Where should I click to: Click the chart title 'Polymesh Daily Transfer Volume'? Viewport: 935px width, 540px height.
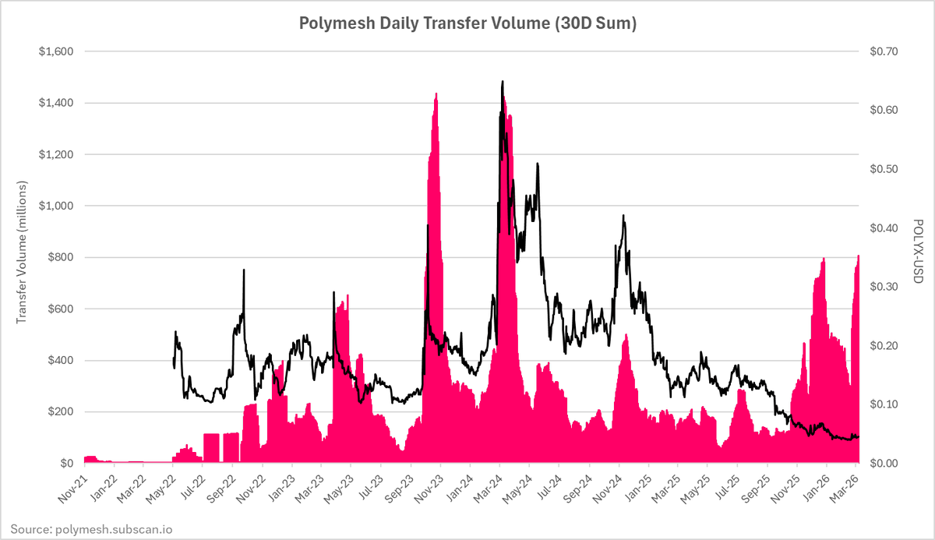(x=467, y=24)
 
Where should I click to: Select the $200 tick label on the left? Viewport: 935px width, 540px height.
(x=59, y=412)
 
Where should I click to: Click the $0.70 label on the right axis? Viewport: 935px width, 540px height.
(x=884, y=51)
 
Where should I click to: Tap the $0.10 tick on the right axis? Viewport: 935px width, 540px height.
(x=884, y=404)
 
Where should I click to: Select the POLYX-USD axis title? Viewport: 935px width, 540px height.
(x=916, y=252)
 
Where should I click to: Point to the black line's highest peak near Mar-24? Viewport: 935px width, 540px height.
(x=503, y=81)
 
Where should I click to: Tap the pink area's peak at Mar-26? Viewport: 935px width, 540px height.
(x=859, y=256)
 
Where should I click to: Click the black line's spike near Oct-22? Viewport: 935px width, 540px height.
(x=244, y=270)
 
